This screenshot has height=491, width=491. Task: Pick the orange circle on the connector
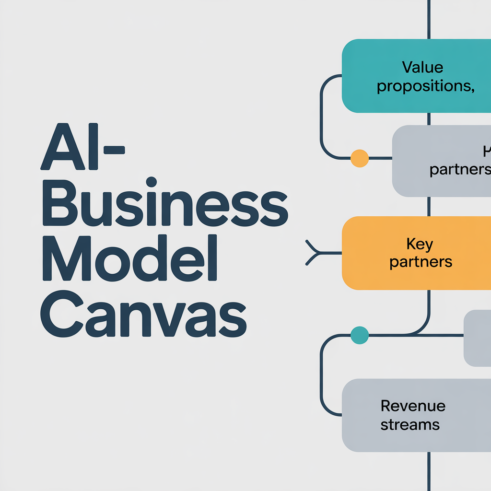[360, 158]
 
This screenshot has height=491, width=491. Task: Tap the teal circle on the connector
[360, 335]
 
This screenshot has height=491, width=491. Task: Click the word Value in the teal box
[422, 68]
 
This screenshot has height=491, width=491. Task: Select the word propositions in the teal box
[425, 87]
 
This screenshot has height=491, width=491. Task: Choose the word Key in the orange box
[420, 245]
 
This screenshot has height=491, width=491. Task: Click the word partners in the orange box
[421, 262]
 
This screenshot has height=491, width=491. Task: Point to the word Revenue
[413, 406]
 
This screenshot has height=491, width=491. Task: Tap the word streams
[410, 424]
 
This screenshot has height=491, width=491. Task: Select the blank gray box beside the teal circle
[478, 338]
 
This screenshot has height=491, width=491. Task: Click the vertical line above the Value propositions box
[429, 19]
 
